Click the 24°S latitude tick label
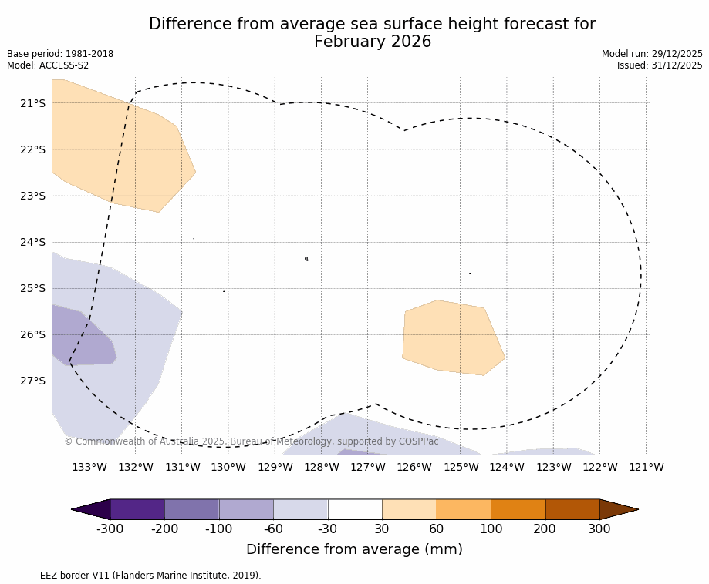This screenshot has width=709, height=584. point(32,242)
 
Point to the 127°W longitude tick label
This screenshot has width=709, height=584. point(368,467)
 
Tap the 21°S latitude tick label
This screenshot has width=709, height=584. point(32,103)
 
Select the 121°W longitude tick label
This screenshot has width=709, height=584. point(646,467)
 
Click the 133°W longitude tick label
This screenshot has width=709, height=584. point(89,467)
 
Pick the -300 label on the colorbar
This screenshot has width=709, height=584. point(110,529)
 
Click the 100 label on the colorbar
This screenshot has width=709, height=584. point(491,529)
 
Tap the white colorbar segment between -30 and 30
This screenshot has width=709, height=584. point(355,509)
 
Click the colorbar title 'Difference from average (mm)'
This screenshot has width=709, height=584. point(354,549)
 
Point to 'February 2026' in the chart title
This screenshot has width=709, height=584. point(372,42)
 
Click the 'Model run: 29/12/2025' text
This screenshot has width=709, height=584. point(652,54)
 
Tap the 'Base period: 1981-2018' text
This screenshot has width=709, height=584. point(60,54)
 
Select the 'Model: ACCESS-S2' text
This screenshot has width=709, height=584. point(48,65)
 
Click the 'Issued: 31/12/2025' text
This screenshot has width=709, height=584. point(660,65)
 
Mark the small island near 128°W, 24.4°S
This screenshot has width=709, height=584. point(306,259)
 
